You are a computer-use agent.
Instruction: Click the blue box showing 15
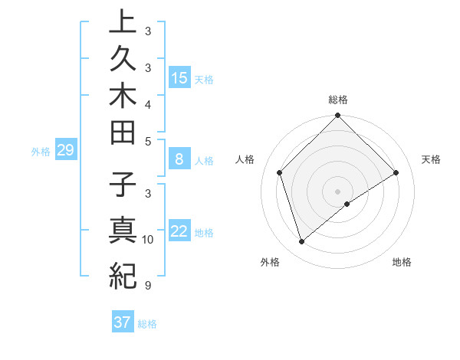(179, 77)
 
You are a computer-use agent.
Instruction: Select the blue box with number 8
(179, 159)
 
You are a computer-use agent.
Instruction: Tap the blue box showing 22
(179, 231)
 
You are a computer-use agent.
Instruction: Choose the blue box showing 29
(65, 150)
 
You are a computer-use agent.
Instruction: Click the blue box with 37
(122, 322)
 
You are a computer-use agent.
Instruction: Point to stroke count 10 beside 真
(148, 240)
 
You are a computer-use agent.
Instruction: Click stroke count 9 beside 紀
(147, 286)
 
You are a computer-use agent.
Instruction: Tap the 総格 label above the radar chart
(338, 100)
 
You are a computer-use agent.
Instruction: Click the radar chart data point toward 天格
(396, 172)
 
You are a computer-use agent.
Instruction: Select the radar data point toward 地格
(347, 204)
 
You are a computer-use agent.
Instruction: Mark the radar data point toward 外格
(301, 242)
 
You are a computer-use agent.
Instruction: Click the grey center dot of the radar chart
(338, 191)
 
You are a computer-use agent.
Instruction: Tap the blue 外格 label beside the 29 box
(41, 151)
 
